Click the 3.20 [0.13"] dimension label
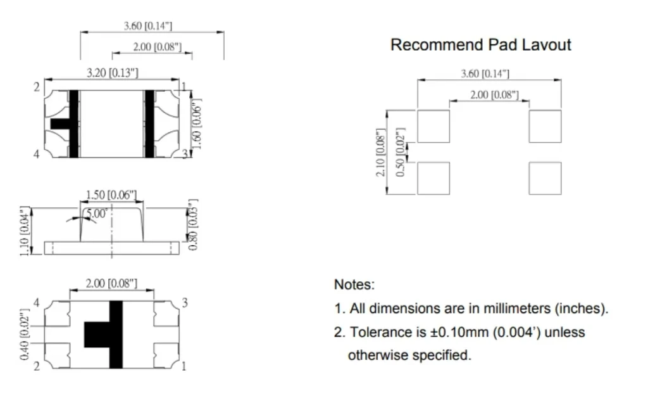coord(112,73)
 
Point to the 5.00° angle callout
coord(96,214)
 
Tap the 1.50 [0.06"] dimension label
coord(111,194)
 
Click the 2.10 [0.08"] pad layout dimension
coord(382,152)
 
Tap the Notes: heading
coord(354,284)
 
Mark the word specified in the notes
coord(442,355)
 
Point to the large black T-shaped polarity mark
coord(108,335)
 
